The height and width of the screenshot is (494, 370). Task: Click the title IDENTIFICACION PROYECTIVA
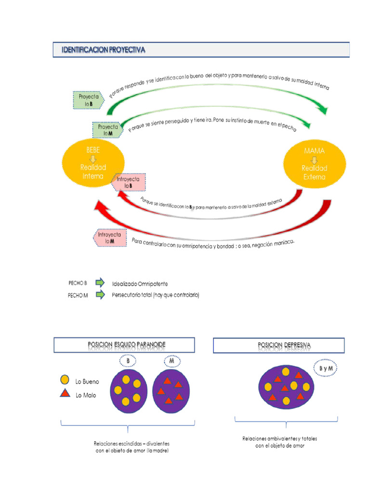104,50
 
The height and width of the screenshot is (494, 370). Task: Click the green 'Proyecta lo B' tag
89,100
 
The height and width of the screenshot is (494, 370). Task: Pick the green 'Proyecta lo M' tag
108,130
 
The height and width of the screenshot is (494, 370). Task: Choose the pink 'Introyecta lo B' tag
129,182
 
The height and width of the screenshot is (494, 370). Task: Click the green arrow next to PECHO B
100,283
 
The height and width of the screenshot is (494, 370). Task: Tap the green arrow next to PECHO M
100,295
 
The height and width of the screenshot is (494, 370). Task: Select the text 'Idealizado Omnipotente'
140,284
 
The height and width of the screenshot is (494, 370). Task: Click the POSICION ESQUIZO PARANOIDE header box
124,345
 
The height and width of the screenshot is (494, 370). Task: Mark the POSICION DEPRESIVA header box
279,345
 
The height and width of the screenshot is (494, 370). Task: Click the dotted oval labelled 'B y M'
326,369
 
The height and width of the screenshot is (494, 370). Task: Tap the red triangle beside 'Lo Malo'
66,394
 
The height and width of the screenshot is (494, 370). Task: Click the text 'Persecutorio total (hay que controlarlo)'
156,295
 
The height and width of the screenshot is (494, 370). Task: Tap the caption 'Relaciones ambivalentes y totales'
280,439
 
